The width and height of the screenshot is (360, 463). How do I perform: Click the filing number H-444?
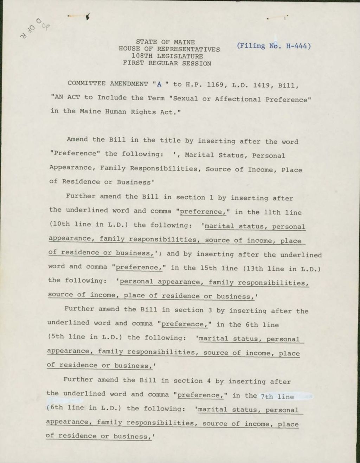(298, 46)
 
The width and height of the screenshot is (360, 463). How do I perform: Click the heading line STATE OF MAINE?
(165, 42)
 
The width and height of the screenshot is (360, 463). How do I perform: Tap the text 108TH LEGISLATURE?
(167, 56)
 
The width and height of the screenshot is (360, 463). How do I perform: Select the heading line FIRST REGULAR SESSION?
(167, 64)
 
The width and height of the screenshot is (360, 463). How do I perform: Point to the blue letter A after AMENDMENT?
(159, 84)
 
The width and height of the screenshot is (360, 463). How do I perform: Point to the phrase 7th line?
(277, 396)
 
